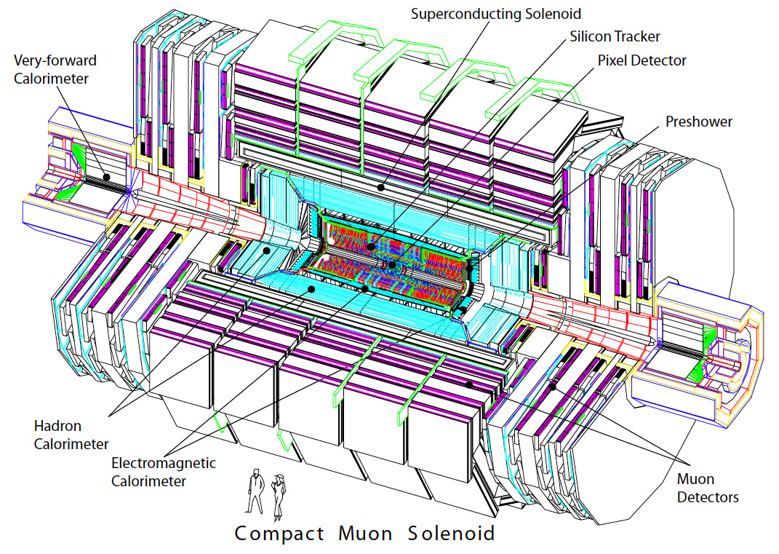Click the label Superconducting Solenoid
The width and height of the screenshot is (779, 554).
coord(496,13)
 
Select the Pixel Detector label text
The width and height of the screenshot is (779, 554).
coord(642,60)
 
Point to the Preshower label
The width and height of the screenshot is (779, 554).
coord(698,122)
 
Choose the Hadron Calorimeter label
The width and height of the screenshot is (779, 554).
coord(71,435)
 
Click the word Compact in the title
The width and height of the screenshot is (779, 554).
coord(279,534)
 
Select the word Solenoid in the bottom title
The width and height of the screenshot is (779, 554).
coord(451,534)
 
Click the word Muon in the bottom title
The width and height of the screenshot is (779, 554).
coord(365,534)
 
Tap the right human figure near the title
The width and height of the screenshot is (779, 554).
coord(277,494)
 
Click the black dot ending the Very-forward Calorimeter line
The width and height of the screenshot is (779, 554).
coord(106,176)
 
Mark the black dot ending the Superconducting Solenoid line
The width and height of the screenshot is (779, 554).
coord(379,186)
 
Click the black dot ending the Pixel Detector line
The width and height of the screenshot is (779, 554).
coord(393,265)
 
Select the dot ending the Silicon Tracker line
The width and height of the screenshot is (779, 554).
coord(371,248)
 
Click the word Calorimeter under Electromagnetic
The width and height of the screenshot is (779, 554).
coord(149,480)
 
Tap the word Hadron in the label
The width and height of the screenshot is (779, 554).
coord(57,426)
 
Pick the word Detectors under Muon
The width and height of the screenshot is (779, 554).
coord(707,497)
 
